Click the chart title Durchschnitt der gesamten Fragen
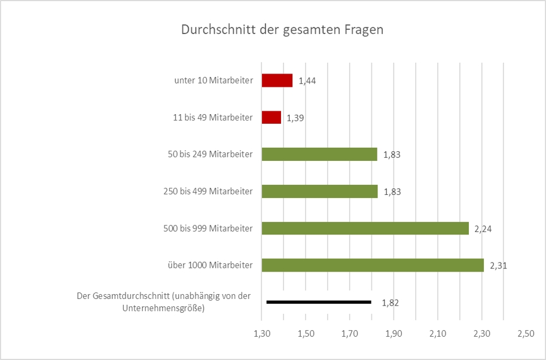click(282, 30)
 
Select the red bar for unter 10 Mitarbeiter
click(277, 80)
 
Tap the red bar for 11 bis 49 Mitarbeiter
click(272, 117)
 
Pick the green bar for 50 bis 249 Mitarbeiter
click(319, 154)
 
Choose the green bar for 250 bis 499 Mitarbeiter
click(319, 191)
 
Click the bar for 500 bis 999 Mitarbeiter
click(365, 228)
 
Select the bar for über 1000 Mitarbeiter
click(373, 265)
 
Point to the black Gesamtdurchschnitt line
click(319, 302)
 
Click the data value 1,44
click(307, 81)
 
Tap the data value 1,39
click(295, 118)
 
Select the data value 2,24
click(483, 228)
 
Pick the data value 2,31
click(498, 266)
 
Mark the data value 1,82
click(390, 303)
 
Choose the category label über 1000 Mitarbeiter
click(209, 265)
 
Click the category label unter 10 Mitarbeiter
click(211, 80)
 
